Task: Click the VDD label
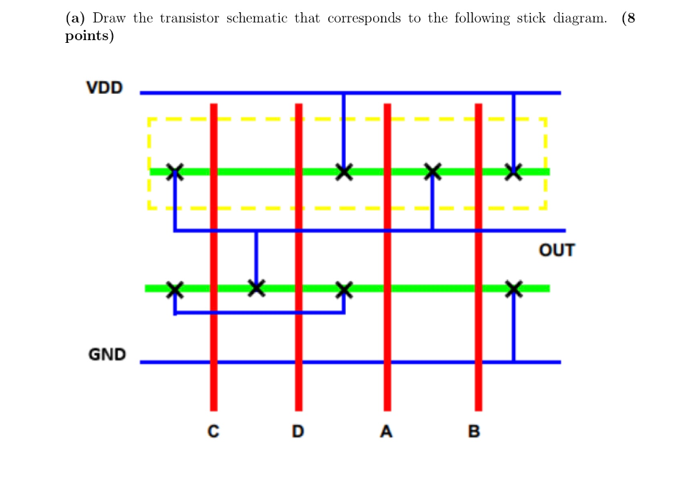pos(104,88)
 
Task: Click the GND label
pos(107,354)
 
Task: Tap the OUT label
pos(556,250)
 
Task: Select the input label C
pos(213,431)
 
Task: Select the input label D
pos(298,431)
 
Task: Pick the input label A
pos(387,431)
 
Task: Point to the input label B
pos(474,431)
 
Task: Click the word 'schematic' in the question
pos(256,18)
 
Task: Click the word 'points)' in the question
pos(89,36)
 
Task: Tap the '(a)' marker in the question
pos(75,18)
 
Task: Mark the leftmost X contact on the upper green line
pos(175,171)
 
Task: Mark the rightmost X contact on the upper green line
pos(514,171)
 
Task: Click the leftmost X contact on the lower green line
pos(175,289)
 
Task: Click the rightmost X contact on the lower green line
pos(514,289)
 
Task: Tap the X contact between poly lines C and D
pos(256,288)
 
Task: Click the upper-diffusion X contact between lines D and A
pos(344,171)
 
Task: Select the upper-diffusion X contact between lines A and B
pos(432,171)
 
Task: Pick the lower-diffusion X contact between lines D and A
pos(344,289)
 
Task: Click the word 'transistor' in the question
pos(189,18)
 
